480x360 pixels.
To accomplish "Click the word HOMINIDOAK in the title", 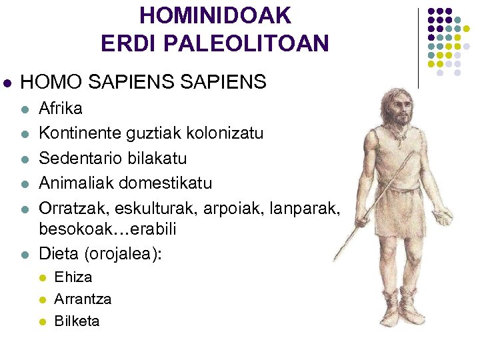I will pos(215,15).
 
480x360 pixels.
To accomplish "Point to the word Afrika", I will pos(61,109).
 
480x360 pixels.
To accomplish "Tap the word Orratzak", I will pos(71,207).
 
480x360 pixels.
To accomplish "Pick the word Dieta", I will pos(57,253).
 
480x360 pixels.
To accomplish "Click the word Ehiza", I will pos(73,277).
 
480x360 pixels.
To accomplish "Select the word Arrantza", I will pos(83,299).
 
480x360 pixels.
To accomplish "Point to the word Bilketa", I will pos(77,321).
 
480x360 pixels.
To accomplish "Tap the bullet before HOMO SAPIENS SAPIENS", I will pos(7,83).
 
